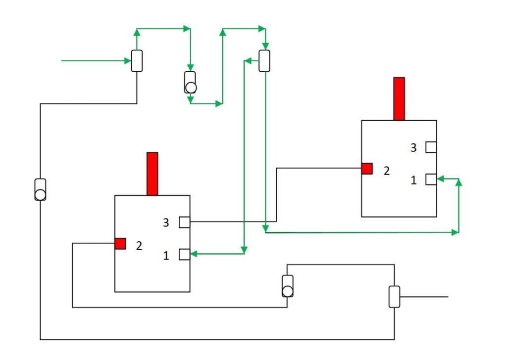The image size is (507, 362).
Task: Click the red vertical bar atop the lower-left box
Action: click(x=152, y=174)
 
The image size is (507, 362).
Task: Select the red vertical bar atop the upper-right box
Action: click(x=399, y=98)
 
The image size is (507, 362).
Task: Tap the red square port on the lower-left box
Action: click(x=120, y=243)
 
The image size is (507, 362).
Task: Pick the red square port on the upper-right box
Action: click(x=367, y=169)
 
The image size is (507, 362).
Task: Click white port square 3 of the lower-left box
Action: click(x=184, y=222)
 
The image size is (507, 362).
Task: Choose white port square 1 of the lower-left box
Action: click(x=184, y=254)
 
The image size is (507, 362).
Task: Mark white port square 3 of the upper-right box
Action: click(x=431, y=147)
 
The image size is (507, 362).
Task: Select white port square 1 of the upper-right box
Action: click(x=431, y=179)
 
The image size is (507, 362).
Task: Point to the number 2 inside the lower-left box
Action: click(x=139, y=245)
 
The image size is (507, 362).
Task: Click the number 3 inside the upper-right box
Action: click(x=413, y=147)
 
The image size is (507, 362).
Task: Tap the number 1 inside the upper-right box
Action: click(x=414, y=181)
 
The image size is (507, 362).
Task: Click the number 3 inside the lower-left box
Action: click(x=166, y=223)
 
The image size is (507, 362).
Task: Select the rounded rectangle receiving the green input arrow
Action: click(x=137, y=61)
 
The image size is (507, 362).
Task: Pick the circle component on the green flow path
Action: click(x=190, y=88)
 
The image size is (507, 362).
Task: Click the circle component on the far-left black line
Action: click(x=40, y=194)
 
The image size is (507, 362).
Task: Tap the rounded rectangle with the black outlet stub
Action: click(x=394, y=297)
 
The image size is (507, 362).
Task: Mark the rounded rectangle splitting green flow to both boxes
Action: click(x=264, y=61)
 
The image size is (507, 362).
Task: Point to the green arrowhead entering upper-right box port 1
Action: click(x=441, y=179)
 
